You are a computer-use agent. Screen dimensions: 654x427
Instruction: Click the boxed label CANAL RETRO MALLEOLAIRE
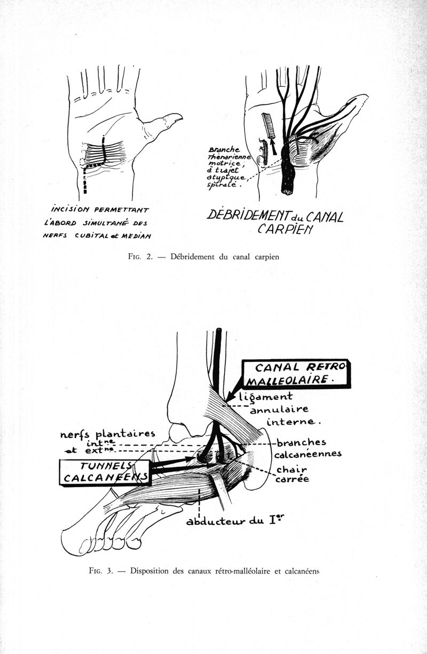[x=295, y=373]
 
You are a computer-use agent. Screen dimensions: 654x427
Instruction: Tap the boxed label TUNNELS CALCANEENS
[x=104, y=471]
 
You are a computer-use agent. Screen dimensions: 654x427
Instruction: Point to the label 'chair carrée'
[x=291, y=474]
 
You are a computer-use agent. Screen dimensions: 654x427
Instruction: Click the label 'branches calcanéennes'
[x=305, y=448]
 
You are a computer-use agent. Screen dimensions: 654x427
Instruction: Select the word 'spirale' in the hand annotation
[x=222, y=187]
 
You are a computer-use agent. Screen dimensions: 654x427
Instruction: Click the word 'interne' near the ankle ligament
[x=295, y=423]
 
